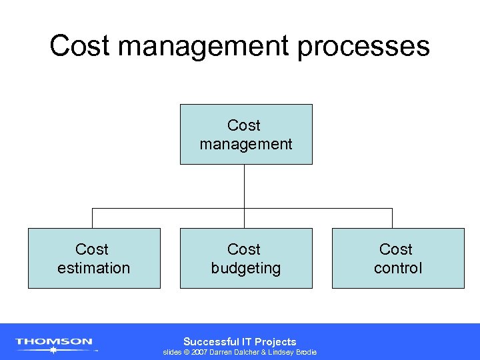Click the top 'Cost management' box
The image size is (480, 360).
coord(245,134)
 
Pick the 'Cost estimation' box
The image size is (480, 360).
coord(94,258)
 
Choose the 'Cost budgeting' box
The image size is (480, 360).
coord(245,258)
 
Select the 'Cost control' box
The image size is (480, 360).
coord(397,258)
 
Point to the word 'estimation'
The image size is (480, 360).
coord(94,268)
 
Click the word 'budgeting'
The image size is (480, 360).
coord(245,269)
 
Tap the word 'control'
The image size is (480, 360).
coord(397,268)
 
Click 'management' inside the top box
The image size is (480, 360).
coord(245,144)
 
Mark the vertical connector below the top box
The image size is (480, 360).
coord(245,186)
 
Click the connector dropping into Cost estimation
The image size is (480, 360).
coord(93,218)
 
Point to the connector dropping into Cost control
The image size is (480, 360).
coord(392,218)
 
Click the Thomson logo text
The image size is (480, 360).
coord(54,341)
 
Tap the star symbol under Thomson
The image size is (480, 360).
coord(53,349)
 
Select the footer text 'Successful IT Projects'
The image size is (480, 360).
coord(239,341)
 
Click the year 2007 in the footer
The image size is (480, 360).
coord(199,352)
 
